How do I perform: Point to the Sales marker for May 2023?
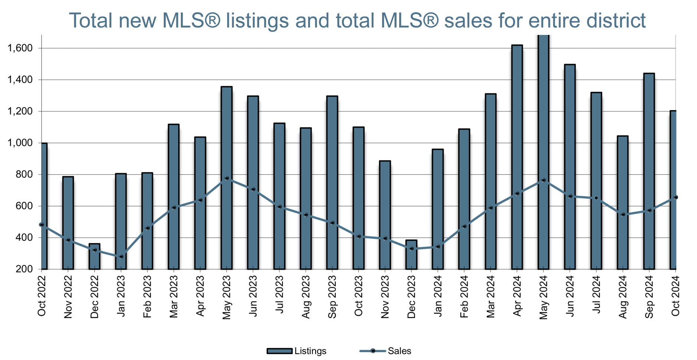coord(227,178)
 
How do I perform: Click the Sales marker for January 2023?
coord(121,256)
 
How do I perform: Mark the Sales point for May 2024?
coord(543,180)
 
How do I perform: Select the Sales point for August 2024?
coord(623,214)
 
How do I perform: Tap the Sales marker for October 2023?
coord(359,236)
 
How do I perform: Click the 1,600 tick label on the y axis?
coord(20,48)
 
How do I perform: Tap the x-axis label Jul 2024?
coord(596,296)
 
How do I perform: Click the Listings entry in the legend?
coord(310,351)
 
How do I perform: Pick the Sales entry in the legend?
coord(399,351)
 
